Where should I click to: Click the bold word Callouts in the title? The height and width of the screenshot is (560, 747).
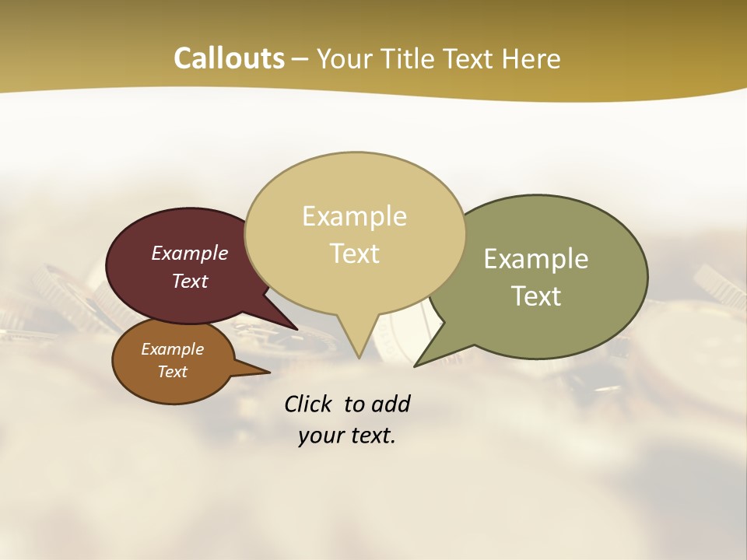coord(229,58)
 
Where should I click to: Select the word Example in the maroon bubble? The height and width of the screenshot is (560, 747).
coord(190,253)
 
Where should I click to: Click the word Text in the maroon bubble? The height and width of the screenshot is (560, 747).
coord(190,281)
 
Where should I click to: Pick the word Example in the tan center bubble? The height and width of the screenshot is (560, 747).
coord(354,215)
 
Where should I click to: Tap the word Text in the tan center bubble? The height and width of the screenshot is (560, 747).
coord(354,253)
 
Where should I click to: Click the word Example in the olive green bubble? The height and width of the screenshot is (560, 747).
coord(536,258)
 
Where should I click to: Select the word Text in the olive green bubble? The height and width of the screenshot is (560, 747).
coord(536,296)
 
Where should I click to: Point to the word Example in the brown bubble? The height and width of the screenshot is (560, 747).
coord(172,349)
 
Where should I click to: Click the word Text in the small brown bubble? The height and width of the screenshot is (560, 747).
coord(172,372)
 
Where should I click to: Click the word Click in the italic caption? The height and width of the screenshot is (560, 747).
coord(308,404)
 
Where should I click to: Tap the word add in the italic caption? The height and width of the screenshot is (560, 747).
coord(391,404)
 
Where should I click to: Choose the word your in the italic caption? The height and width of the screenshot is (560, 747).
coord(320,436)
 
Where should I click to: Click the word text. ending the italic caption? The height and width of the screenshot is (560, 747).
coord(370,436)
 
